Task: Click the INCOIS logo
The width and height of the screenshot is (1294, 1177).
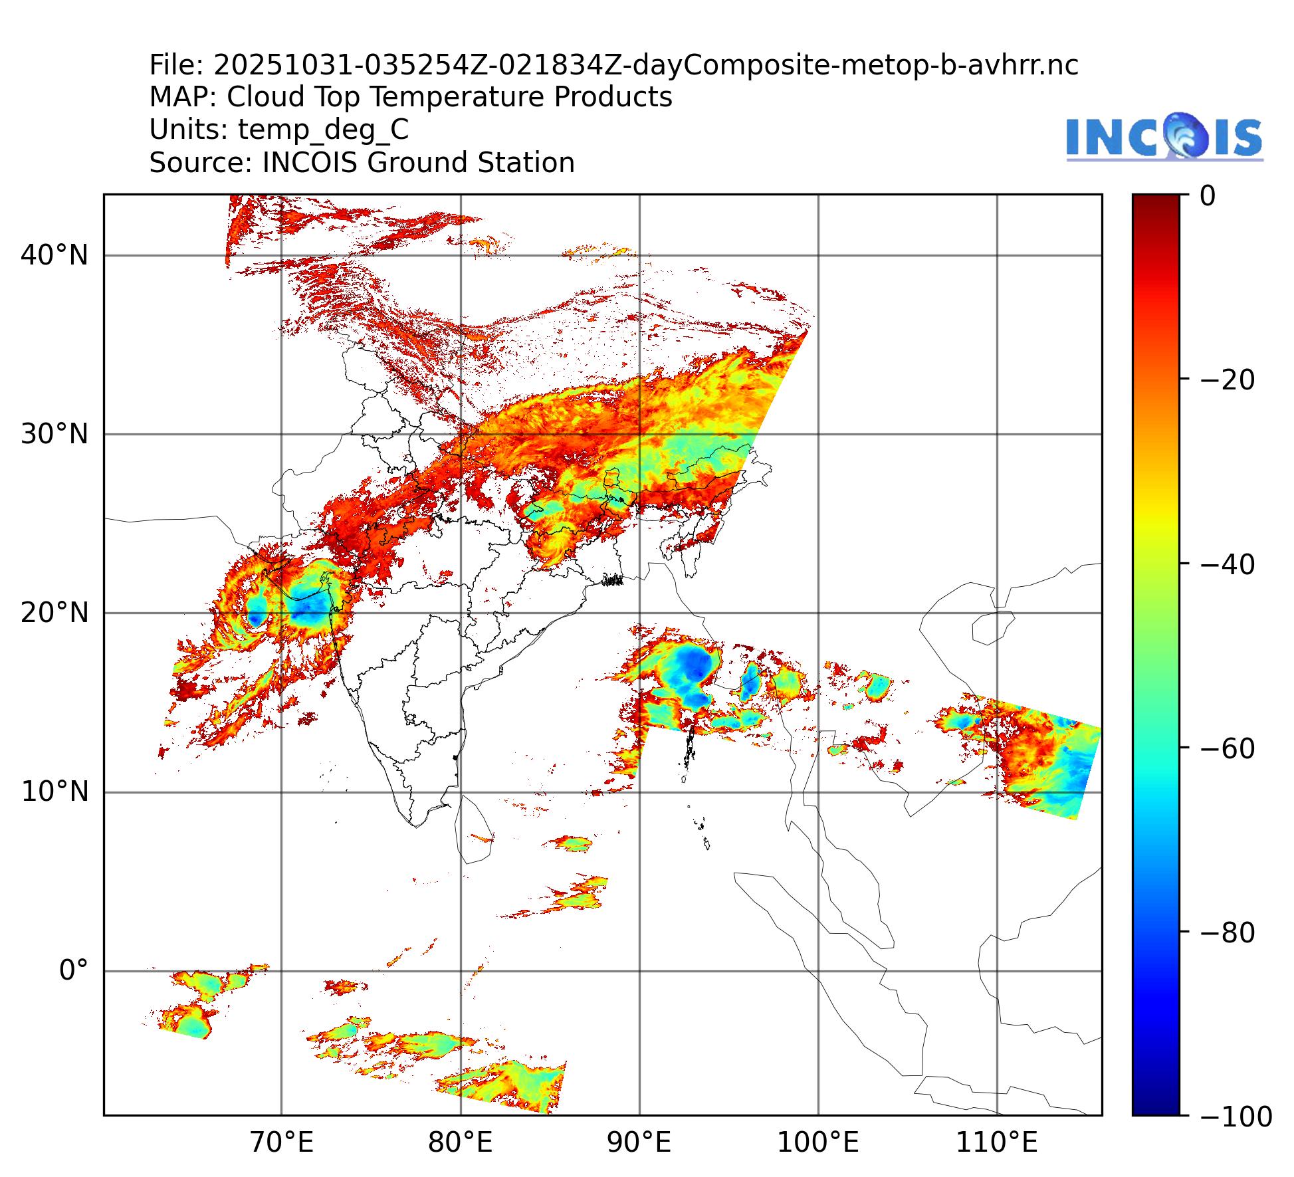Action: pyautogui.click(x=1164, y=137)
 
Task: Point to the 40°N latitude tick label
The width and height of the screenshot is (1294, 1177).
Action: pyautogui.click(x=54, y=255)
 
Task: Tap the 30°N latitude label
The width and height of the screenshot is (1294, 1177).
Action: pyautogui.click(x=54, y=435)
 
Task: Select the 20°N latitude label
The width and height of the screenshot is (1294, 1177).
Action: pyautogui.click(x=54, y=613)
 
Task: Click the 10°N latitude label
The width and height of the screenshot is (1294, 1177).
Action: pyautogui.click(x=54, y=792)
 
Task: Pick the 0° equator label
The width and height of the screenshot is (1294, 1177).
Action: pyautogui.click(x=73, y=970)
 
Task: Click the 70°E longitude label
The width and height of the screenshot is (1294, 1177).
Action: pyautogui.click(x=281, y=1143)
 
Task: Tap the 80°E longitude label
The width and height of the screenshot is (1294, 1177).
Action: pyautogui.click(x=460, y=1143)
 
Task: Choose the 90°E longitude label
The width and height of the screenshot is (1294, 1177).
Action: pyautogui.click(x=639, y=1143)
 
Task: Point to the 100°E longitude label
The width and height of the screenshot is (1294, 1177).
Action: pyautogui.click(x=817, y=1143)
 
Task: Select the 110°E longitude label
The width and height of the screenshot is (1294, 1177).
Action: pyautogui.click(x=996, y=1143)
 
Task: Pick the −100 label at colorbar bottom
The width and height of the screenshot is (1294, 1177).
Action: pyautogui.click(x=1236, y=1117)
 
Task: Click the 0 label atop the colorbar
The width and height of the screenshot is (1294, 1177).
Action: pyautogui.click(x=1208, y=197)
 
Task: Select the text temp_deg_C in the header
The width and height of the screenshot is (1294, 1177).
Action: pyautogui.click(x=323, y=130)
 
